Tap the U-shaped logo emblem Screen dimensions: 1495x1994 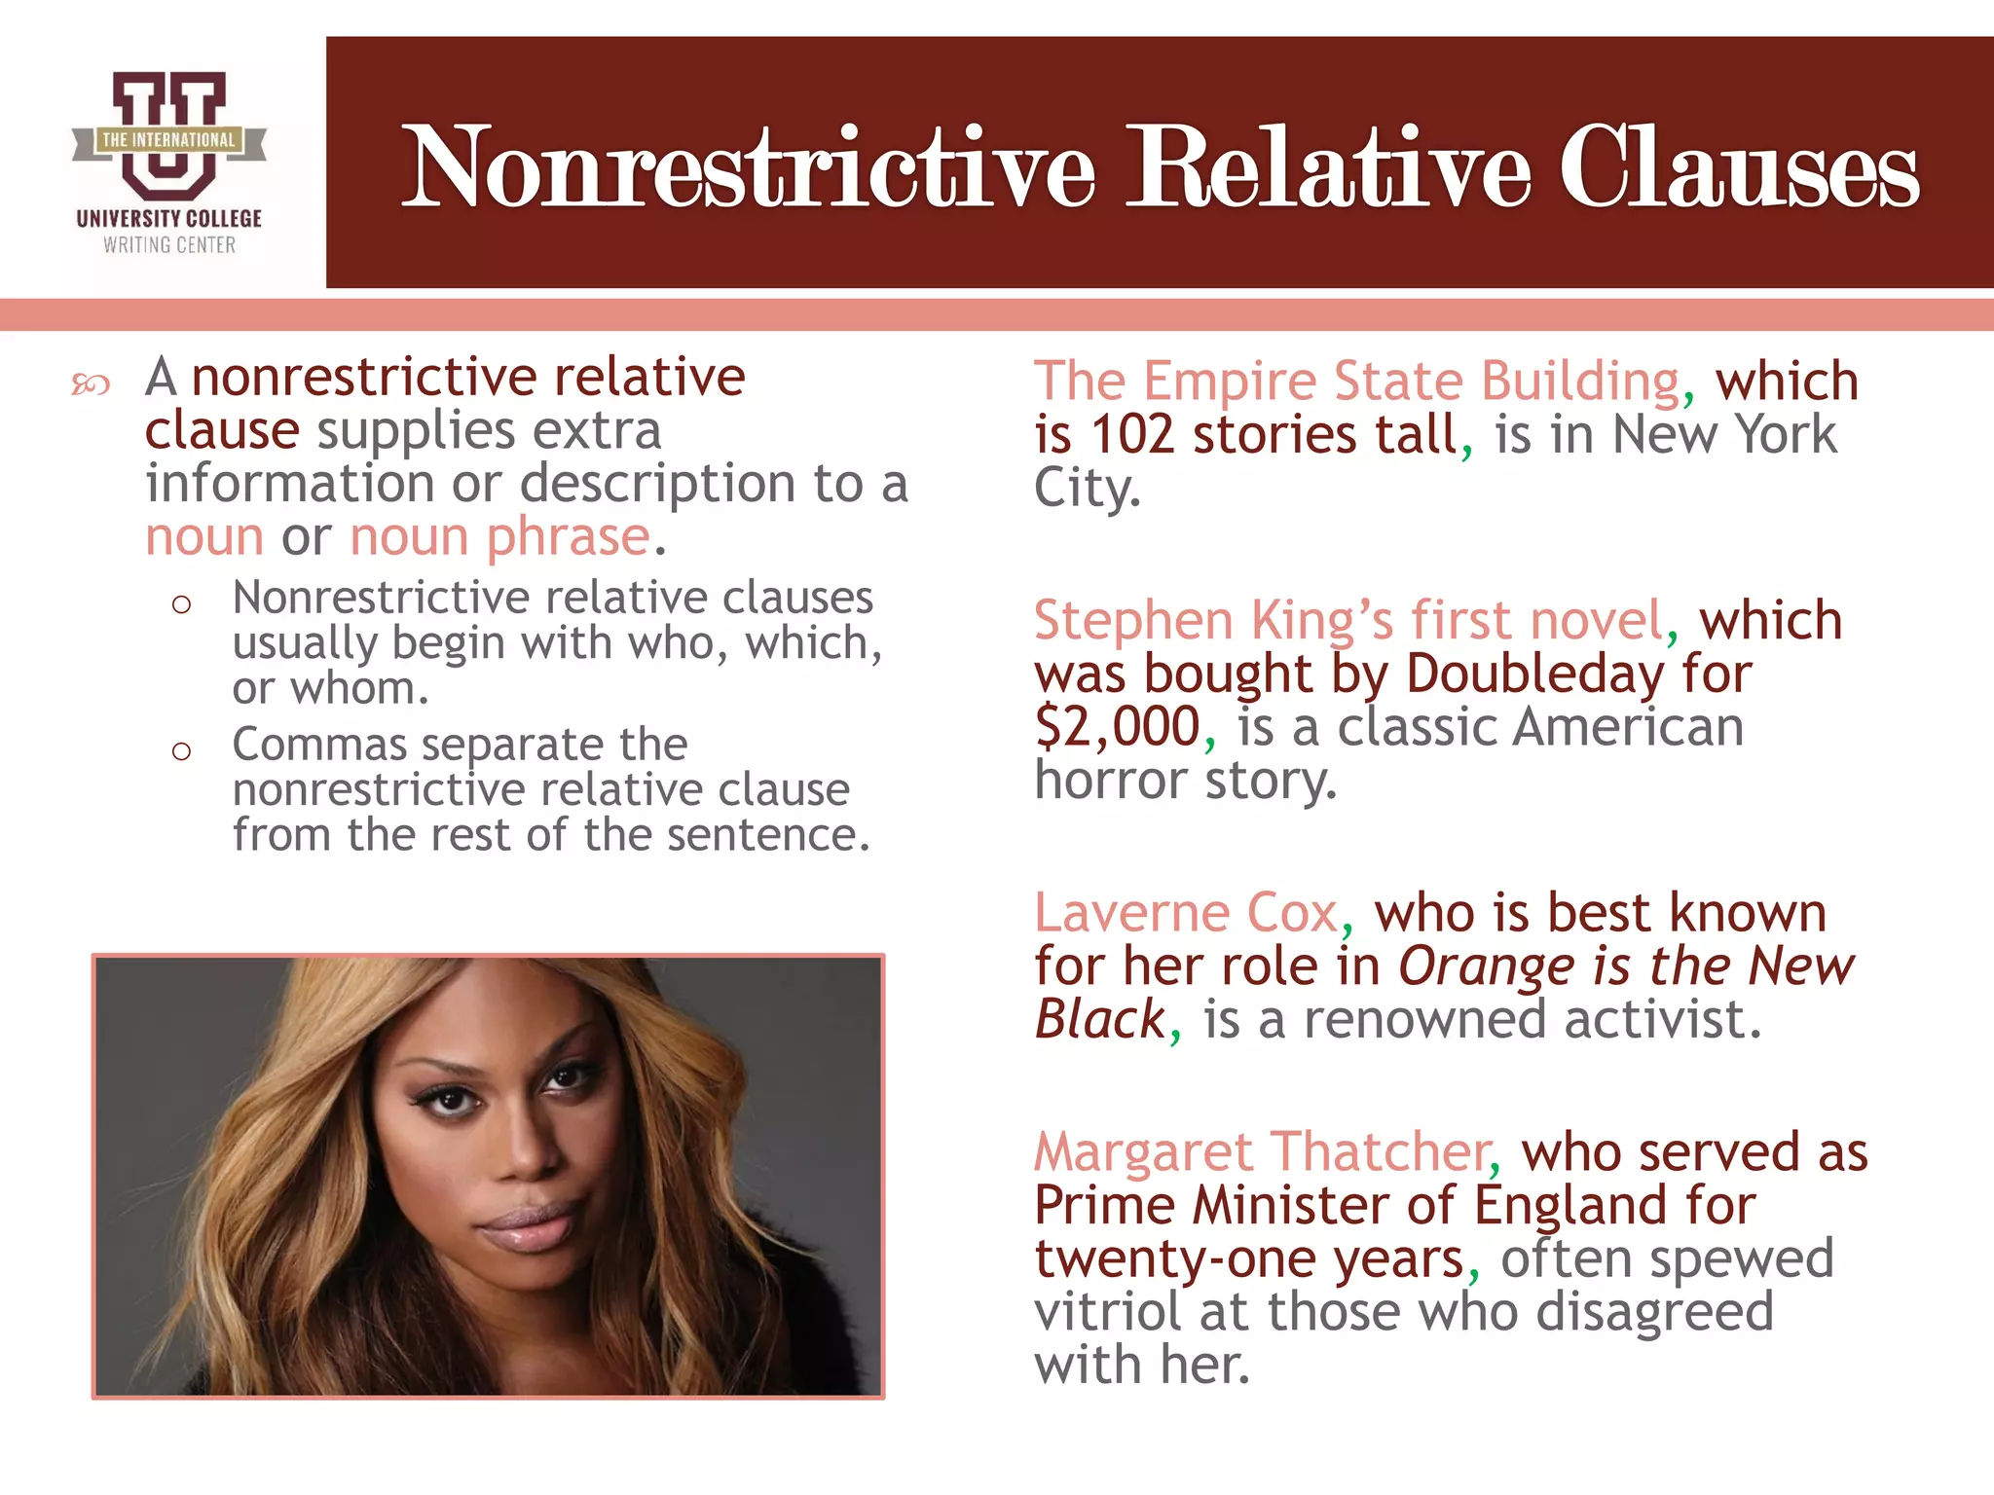pos(168,136)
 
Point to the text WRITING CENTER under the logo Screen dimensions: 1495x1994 pos(169,245)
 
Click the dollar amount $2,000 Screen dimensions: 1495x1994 pos(1117,727)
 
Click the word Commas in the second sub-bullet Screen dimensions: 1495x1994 pos(319,746)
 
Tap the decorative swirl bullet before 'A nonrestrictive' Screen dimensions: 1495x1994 pos(91,385)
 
